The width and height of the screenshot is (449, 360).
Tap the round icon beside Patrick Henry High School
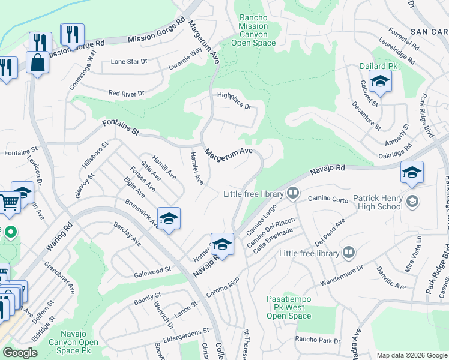click(x=412, y=202)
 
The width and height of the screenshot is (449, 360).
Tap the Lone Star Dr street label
click(x=129, y=62)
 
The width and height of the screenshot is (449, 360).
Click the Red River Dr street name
click(x=126, y=94)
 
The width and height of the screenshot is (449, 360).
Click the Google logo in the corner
click(x=20, y=353)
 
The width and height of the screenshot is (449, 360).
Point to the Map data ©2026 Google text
click(x=412, y=355)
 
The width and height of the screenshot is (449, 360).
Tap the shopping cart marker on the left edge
click(x=8, y=202)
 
